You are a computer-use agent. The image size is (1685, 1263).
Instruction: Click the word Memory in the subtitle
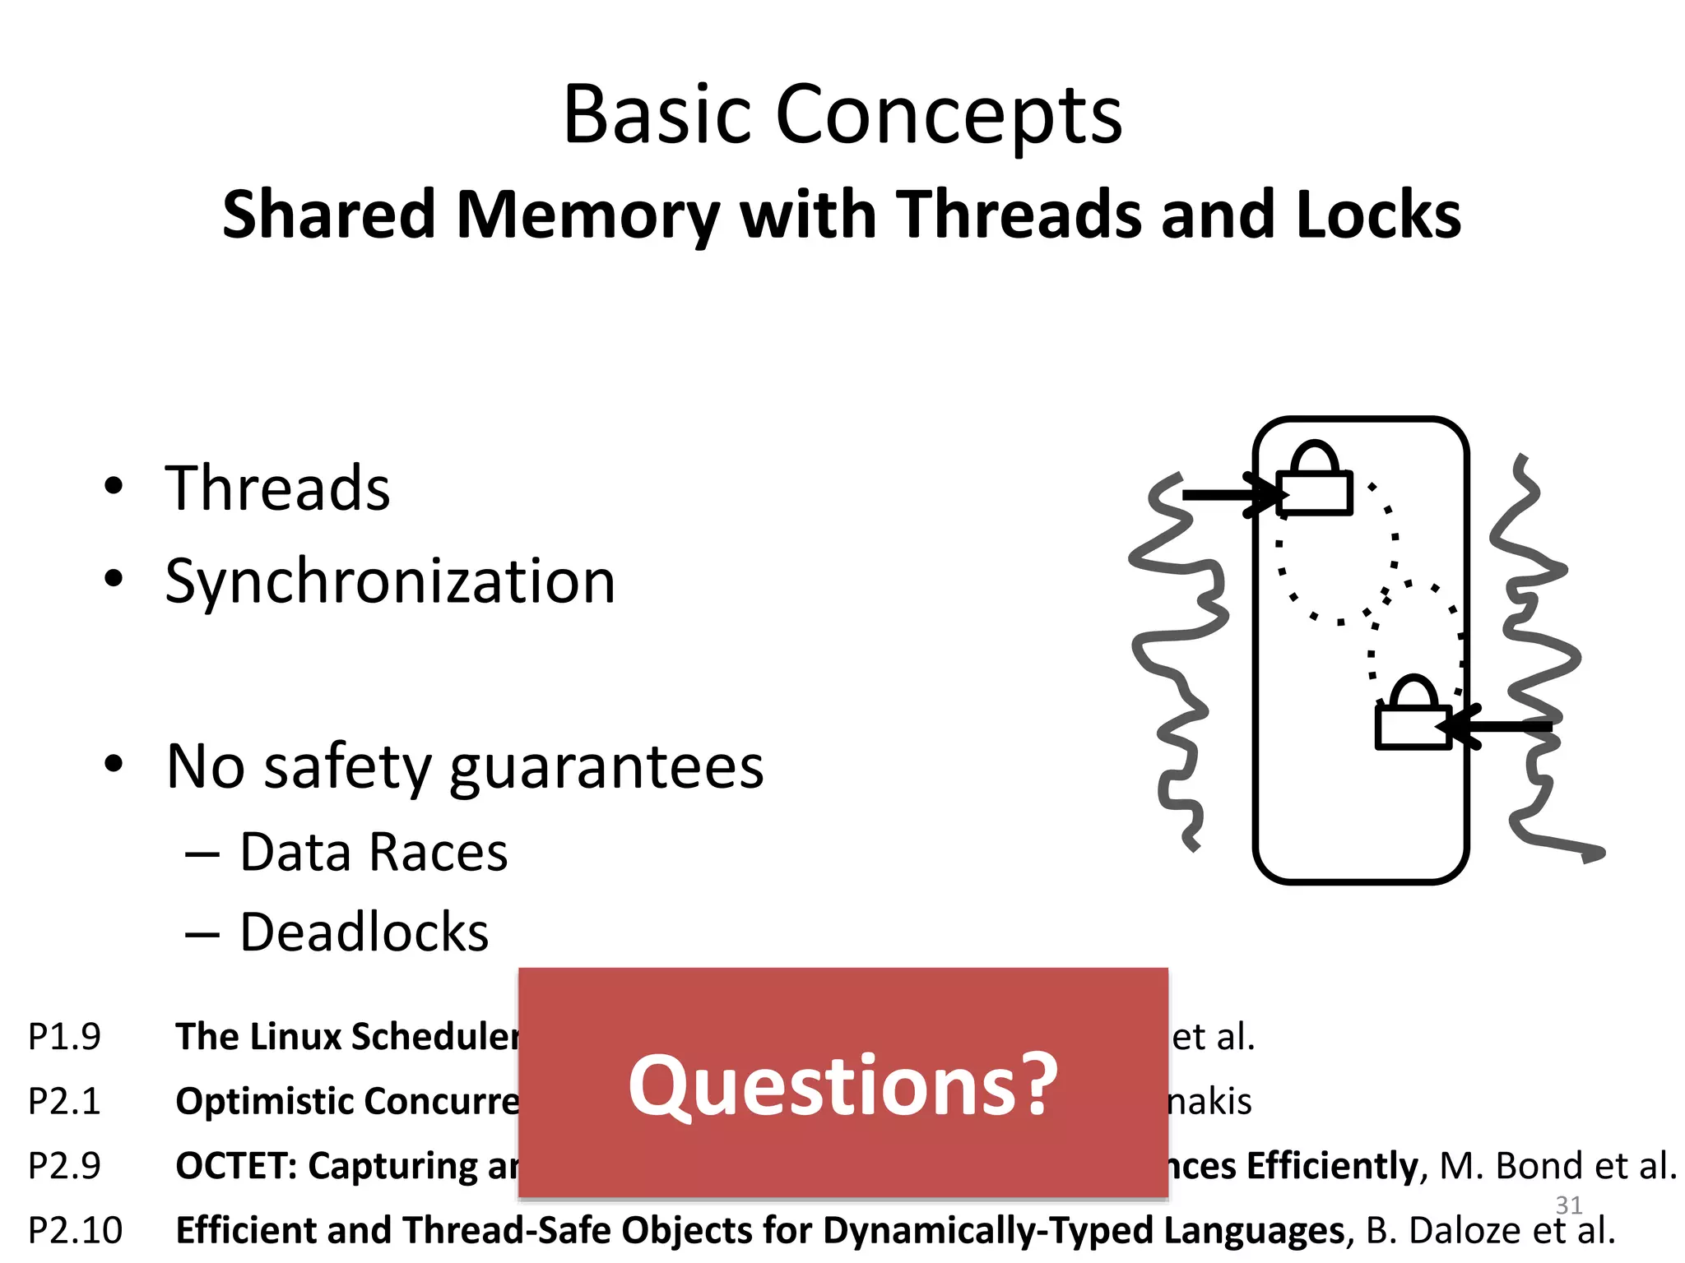coord(587,215)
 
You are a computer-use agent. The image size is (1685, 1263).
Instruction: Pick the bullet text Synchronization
coord(390,581)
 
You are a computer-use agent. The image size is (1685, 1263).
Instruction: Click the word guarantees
coord(606,766)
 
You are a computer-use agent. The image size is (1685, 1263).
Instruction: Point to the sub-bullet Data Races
coord(374,852)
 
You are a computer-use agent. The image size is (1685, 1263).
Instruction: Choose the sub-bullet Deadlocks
coord(364,932)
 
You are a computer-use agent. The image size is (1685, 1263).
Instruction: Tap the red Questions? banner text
coord(842,1085)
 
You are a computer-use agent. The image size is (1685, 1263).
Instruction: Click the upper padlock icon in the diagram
coord(1315,480)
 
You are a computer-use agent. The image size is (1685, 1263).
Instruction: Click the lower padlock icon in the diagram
coord(1413,715)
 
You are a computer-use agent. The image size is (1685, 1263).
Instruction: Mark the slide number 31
coord(1569,1205)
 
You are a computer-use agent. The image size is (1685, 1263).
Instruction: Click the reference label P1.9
coord(64,1037)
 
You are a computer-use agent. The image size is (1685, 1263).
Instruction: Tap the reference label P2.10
coord(75,1231)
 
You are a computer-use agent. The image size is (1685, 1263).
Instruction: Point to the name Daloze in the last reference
coord(1465,1231)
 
